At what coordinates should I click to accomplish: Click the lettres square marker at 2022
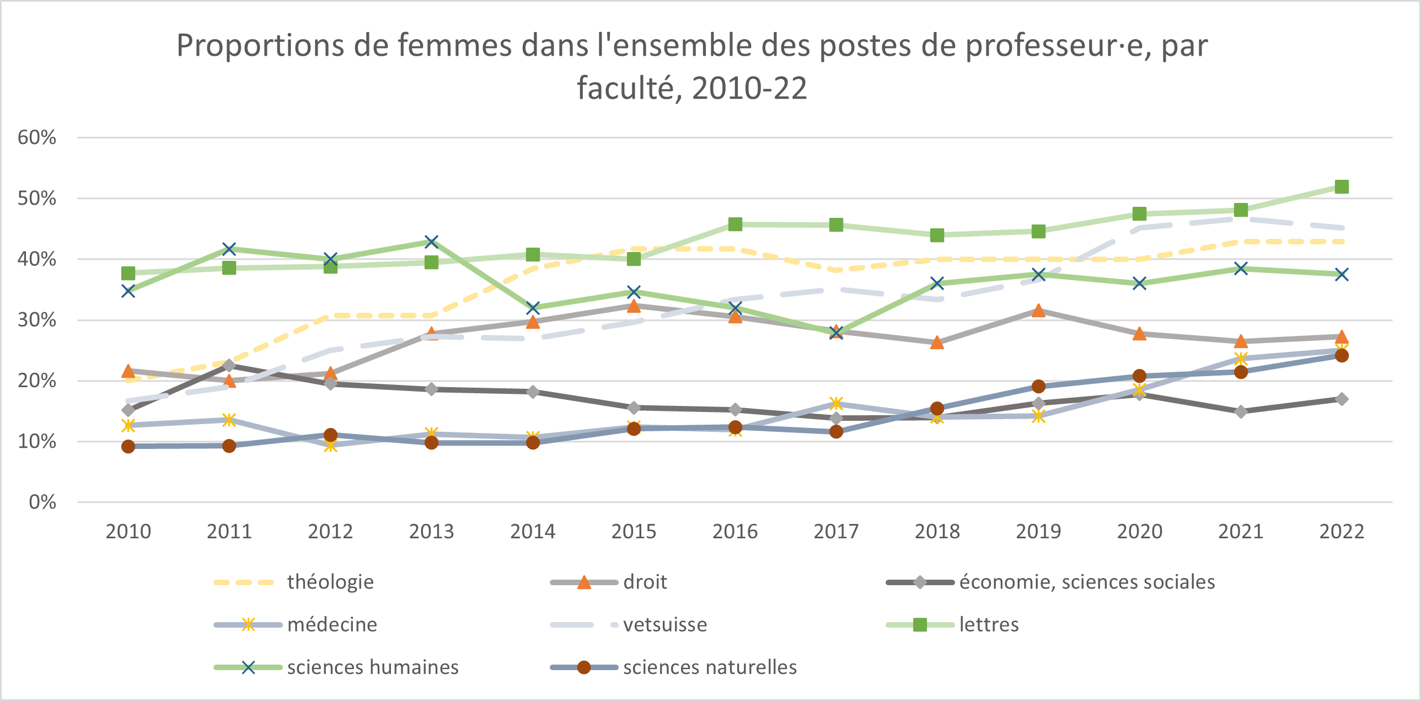(x=1341, y=187)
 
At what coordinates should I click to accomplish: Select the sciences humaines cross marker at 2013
(x=431, y=242)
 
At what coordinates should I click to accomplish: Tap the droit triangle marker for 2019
(x=1038, y=311)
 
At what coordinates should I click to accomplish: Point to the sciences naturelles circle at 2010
(x=128, y=446)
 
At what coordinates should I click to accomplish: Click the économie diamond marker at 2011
(x=229, y=365)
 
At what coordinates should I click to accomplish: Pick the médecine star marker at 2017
(x=836, y=404)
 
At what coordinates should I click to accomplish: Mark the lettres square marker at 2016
(x=735, y=224)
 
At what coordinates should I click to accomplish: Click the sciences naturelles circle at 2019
(x=1038, y=386)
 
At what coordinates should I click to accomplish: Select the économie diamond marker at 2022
(x=1341, y=399)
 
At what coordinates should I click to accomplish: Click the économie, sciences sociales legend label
(x=1087, y=582)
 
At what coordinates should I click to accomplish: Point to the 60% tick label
(x=37, y=137)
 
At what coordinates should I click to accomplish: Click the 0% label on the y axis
(x=42, y=502)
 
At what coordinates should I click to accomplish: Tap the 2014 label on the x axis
(x=532, y=531)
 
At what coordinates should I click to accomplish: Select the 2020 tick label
(x=1139, y=531)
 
